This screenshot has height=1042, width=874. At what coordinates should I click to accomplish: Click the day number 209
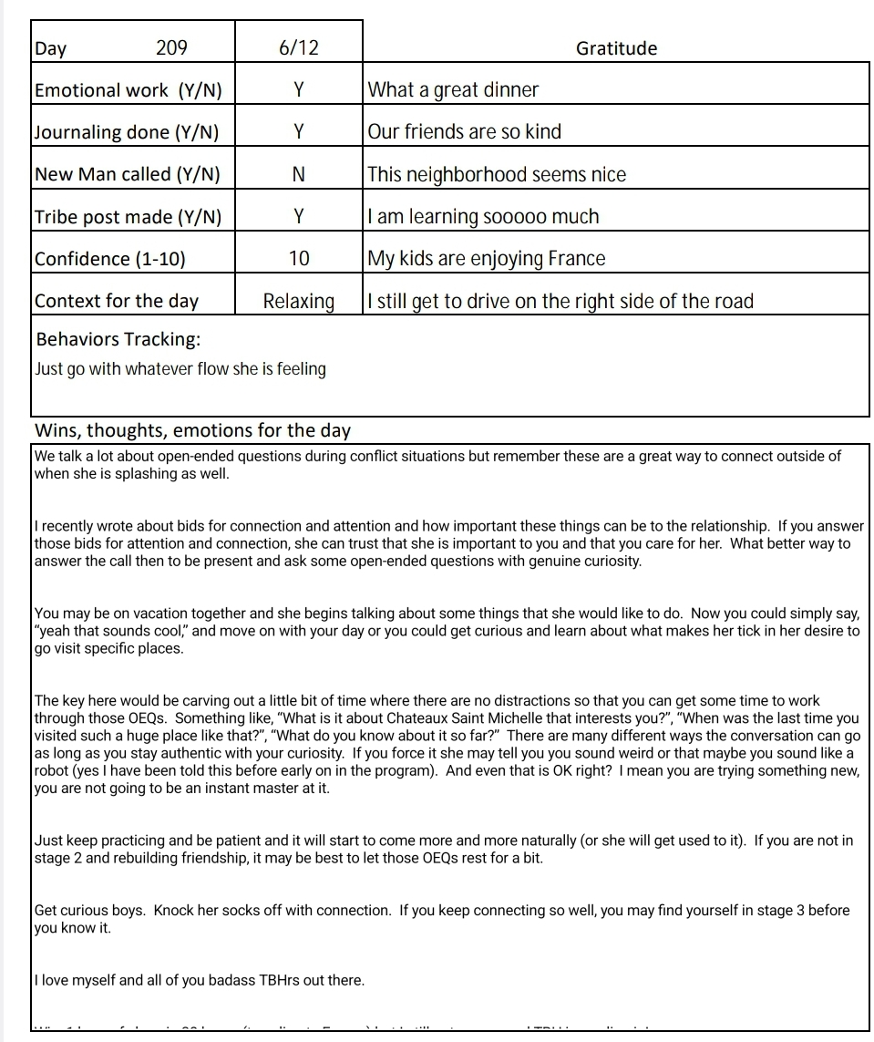tap(171, 48)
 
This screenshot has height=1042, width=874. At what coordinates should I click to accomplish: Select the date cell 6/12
tap(299, 48)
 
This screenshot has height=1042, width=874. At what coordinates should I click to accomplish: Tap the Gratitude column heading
tap(616, 48)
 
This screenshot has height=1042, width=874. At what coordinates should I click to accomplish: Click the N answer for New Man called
tap(298, 174)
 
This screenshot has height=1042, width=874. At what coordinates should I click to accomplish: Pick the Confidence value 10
tap(299, 259)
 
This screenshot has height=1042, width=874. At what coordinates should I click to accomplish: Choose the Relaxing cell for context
tap(299, 301)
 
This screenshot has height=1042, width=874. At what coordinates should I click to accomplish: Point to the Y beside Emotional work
tap(298, 89)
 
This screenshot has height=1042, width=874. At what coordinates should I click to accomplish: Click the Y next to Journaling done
tap(298, 131)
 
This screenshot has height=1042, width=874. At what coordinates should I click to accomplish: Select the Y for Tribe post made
tap(298, 216)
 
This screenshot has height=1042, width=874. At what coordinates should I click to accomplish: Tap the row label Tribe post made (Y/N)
tap(128, 217)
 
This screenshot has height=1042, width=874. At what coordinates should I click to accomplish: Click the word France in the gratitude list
tap(576, 259)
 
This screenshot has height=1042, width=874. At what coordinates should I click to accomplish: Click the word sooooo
tap(516, 217)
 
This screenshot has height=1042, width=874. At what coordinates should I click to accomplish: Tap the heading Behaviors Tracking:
tap(118, 340)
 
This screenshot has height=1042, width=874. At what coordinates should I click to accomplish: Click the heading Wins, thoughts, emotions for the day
tap(192, 430)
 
